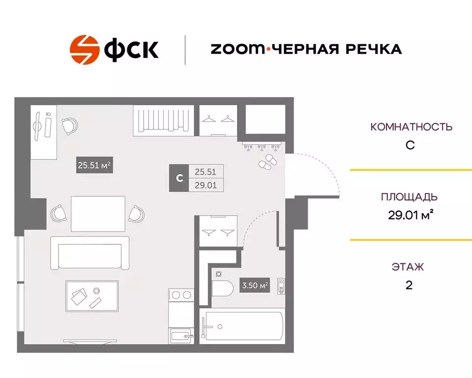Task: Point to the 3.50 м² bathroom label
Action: pos(255,285)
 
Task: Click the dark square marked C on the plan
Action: pos(179,178)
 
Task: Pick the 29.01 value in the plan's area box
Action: pos(206,185)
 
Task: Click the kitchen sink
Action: pos(182,337)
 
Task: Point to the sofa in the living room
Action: pos(90,252)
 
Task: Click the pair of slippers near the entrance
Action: pos(267,162)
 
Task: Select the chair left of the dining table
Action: pos(59,214)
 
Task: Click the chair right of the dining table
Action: pos(136,214)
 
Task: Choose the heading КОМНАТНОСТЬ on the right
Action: pos(411,127)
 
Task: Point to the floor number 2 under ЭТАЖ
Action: pos(409,285)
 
